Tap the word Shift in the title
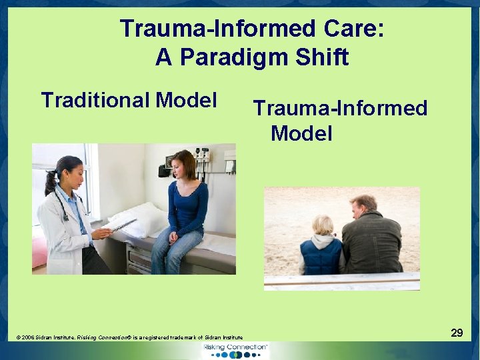323,57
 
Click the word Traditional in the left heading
95,101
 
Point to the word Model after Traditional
187,101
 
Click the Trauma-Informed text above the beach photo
340,108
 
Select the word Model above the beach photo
301,133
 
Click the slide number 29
457,332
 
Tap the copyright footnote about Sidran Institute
129,338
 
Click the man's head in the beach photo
364,206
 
